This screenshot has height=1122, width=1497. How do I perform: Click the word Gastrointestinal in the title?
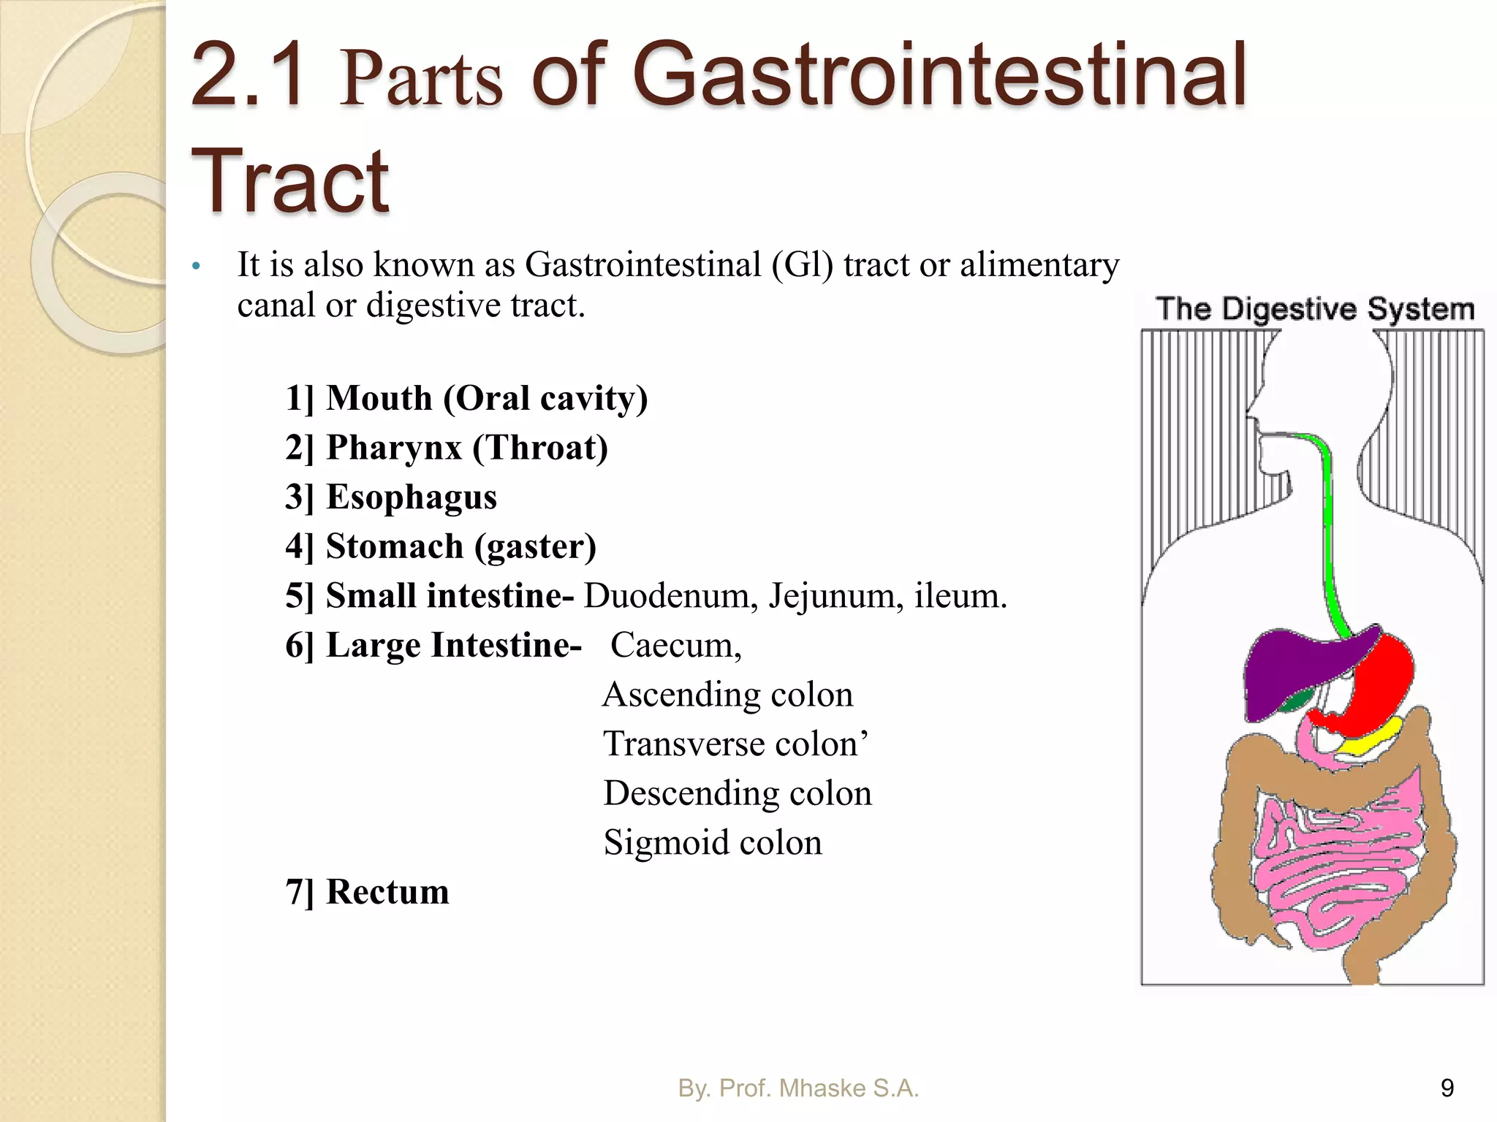[939, 75]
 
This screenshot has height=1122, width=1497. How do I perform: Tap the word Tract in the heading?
[290, 180]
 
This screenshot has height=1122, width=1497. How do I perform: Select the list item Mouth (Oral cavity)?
[466, 399]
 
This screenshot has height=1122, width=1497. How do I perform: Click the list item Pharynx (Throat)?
[447, 448]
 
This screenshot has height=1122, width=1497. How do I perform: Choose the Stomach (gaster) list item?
[441, 546]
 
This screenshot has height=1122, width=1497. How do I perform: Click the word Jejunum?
[832, 596]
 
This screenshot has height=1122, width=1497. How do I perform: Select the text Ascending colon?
[728, 695]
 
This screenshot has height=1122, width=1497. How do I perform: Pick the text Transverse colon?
[735, 744]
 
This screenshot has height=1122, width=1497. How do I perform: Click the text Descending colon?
[738, 793]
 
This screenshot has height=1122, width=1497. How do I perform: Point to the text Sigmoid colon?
[713, 843]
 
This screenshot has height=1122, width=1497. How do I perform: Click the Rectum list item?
[367, 892]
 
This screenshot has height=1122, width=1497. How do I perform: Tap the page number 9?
[1447, 1088]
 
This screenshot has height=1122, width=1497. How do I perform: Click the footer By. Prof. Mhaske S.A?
[798, 1088]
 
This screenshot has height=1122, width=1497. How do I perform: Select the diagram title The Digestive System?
[1314, 309]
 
